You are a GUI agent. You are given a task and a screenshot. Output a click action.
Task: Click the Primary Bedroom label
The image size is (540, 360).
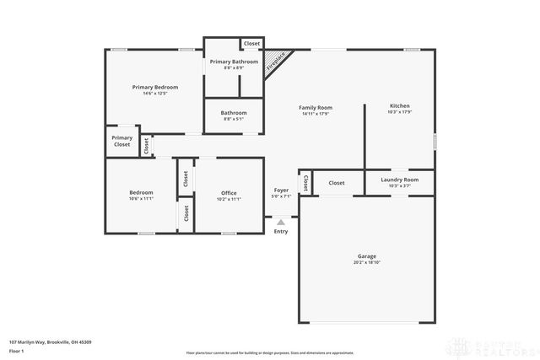[x=154, y=87]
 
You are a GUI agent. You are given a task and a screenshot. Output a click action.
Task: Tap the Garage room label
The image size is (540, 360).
[x=366, y=255]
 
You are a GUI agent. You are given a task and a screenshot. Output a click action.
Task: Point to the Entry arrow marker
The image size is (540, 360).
[x=281, y=223]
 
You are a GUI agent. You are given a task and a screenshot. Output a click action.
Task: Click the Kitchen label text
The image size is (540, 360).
[x=399, y=106]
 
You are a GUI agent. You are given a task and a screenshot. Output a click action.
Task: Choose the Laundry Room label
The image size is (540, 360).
[x=399, y=180]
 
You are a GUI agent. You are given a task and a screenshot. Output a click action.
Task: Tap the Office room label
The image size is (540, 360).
[x=229, y=192]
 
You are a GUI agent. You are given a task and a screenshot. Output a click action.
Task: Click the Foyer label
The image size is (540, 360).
[x=281, y=191]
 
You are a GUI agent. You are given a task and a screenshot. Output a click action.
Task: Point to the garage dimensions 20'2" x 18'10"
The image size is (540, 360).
[x=366, y=262]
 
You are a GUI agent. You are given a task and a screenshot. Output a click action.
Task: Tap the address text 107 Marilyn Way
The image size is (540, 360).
[x=51, y=341]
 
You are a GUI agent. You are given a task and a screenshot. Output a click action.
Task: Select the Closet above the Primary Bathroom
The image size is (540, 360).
[x=251, y=43]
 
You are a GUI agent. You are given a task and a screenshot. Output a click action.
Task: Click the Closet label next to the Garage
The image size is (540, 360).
[x=336, y=183]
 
